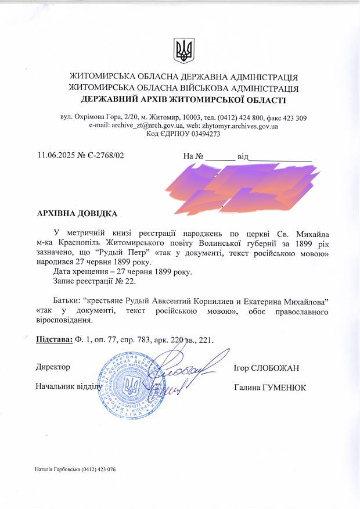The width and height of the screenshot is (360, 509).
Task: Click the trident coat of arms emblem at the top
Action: tap(183, 51)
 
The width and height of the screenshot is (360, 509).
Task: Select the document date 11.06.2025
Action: tap(57, 155)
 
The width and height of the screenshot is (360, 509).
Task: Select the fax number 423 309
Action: tap(294, 117)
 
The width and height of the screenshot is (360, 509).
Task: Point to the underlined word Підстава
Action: tap(53, 339)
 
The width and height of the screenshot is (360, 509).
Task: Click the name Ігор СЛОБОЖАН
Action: tap(266, 368)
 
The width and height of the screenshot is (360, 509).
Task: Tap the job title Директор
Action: tap(53, 367)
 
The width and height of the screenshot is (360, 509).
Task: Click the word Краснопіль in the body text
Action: tap(73, 243)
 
